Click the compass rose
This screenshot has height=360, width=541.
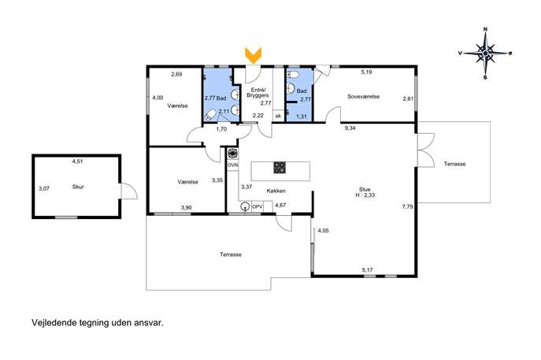pyautogui.click(x=485, y=53)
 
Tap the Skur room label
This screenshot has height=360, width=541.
pyautogui.click(x=78, y=187)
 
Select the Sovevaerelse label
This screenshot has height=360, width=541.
pyautogui.click(x=363, y=97)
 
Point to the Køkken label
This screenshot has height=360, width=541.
pyautogui.click(x=276, y=191)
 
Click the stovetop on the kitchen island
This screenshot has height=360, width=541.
pyautogui.click(x=280, y=168)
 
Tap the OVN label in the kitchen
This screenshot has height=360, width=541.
pyautogui.click(x=232, y=165)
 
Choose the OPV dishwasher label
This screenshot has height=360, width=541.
pyautogui.click(x=258, y=206)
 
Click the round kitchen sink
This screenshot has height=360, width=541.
pyautogui.click(x=245, y=206)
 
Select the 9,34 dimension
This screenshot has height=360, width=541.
pyautogui.click(x=350, y=128)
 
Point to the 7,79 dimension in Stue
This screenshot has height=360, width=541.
pyautogui.click(x=407, y=206)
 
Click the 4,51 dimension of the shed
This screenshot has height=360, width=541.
pyautogui.click(x=78, y=161)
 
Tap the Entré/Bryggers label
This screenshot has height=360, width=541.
pyautogui.click(x=258, y=92)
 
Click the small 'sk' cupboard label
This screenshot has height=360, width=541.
pyautogui.click(x=278, y=116)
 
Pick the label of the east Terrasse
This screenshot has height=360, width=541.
pyautogui.click(x=454, y=164)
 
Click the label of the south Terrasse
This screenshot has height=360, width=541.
pyautogui.click(x=231, y=254)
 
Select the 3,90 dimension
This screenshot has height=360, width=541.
pyautogui.click(x=187, y=207)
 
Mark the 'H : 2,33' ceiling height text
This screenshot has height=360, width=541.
pyautogui.click(x=365, y=195)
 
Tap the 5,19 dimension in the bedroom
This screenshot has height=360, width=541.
pyautogui.click(x=366, y=72)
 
